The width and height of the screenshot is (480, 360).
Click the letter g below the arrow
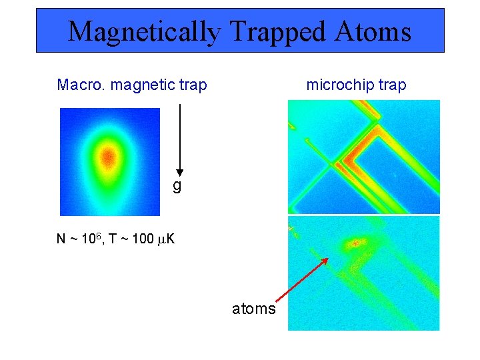coord(177,186)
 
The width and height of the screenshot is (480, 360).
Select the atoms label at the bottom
coord(253,309)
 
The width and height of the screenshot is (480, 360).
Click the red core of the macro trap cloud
coord(108,157)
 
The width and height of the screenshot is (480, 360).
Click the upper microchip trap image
coord(363,157)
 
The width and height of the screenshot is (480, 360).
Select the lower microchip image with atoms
coord(363,273)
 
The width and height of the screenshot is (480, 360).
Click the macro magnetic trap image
coord(110,162)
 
